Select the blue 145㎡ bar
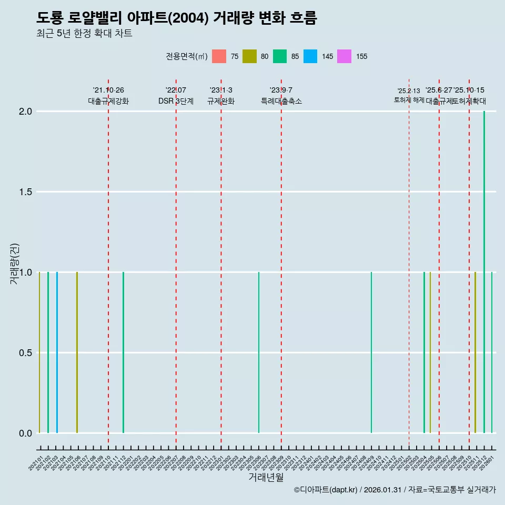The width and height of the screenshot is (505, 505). pos(57,352)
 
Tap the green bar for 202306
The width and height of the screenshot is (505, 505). pos(258,352)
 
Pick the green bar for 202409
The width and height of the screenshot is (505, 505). pos(371,352)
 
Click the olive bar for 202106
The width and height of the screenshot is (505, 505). pos(77,352)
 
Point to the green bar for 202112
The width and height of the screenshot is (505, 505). pos(123,352)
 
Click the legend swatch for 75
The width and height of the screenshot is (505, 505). pos(219,56)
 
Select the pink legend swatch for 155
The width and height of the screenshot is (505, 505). pos(344,56)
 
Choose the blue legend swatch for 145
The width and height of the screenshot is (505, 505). pos(310,56)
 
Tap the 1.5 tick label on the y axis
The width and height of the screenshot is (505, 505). pos(25,192)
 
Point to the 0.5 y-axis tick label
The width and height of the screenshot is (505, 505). pos(25,352)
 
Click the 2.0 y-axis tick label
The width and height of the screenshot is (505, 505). pos(25,112)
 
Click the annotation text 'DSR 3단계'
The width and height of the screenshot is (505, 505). pos(176,102)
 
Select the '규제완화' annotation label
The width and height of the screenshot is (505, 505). pos(221,102)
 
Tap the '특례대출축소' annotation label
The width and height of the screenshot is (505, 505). pos(281,102)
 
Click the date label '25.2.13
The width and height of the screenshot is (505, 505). pos(409,91)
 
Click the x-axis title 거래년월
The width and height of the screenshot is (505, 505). pos(266,478)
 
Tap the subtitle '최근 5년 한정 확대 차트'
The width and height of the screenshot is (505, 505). pos(84,34)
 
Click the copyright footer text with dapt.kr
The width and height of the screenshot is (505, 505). pos(395,490)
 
